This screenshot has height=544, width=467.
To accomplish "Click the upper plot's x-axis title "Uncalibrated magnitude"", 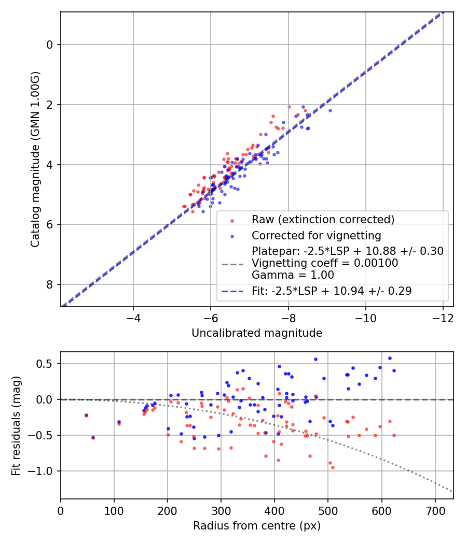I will (257, 333).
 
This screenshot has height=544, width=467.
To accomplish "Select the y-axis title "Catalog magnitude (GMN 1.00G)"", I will (35, 159).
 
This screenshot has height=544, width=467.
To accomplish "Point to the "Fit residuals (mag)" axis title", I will (16, 425).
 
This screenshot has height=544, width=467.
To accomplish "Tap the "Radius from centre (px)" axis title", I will (257, 526).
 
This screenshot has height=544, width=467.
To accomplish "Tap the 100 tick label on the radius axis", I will (114, 510).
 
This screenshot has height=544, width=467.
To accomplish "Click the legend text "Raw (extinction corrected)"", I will (323, 220).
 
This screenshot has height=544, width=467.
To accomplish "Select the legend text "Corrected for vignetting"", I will (317, 236).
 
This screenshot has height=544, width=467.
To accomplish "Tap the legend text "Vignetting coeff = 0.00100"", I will (325, 263).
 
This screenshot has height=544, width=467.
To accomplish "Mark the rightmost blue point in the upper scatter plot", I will (330, 110).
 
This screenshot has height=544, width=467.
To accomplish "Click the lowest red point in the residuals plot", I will (333, 467).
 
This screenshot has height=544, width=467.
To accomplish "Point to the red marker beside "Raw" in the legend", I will (232, 220).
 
